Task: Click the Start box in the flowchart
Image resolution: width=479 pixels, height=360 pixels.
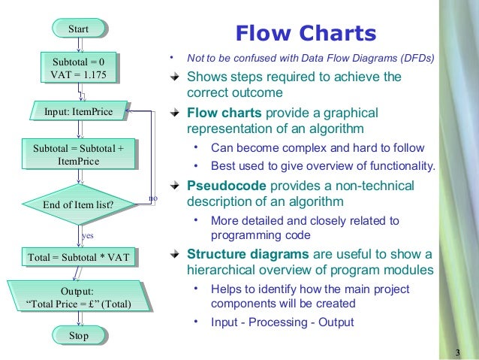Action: coord(79,29)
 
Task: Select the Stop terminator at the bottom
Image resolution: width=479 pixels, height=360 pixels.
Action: coord(79,335)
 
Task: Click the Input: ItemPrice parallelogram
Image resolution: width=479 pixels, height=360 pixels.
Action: coord(77,112)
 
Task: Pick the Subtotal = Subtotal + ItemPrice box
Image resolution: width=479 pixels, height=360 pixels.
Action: coord(79,156)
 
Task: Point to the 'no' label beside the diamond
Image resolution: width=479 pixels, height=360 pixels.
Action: coord(153,198)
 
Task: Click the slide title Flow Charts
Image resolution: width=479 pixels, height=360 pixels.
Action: coord(305,33)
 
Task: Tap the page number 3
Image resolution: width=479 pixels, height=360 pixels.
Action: coord(458,353)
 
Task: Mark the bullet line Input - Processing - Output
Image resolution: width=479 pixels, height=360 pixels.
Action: coord(282,323)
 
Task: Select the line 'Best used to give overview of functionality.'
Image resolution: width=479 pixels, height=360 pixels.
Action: coord(323,166)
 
